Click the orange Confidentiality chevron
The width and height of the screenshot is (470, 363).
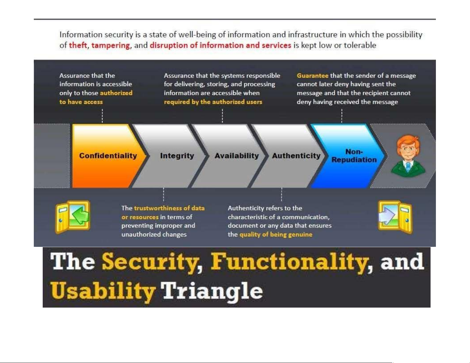point(106,156)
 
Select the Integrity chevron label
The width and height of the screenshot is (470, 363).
point(177,156)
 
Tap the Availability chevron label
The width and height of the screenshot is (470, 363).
point(237,156)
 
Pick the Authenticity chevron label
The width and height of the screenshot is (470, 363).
point(296,156)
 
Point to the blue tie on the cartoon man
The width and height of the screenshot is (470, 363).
point(408,167)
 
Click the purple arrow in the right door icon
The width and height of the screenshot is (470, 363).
point(387,215)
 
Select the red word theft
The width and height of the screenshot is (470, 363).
point(78,45)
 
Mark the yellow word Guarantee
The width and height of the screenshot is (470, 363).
point(313,76)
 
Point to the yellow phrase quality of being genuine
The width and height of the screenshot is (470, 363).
point(276,235)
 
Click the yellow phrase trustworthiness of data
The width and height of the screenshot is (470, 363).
point(169,208)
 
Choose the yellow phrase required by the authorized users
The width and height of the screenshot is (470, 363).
point(213,102)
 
